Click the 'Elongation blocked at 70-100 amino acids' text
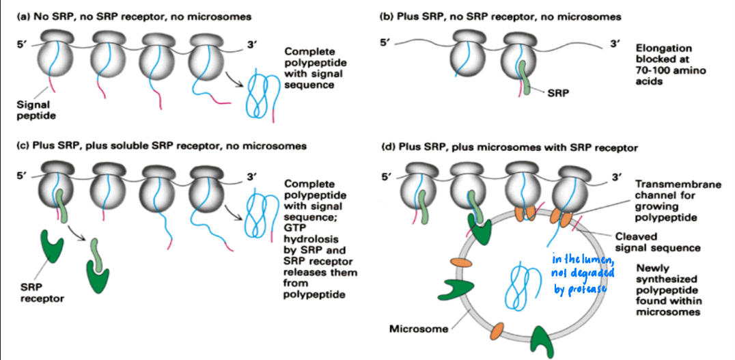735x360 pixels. [x=670, y=65]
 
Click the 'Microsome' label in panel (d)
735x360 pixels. [x=417, y=329]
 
